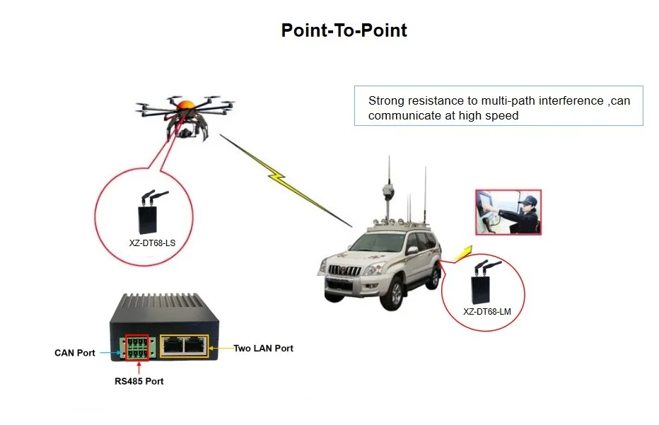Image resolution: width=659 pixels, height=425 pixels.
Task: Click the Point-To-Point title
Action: (344, 30)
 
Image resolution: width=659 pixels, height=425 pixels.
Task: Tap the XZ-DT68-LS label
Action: (153, 243)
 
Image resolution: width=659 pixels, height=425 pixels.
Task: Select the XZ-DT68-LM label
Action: (486, 311)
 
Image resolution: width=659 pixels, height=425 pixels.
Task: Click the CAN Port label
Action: (75, 353)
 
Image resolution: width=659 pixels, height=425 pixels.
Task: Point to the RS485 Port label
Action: (139, 381)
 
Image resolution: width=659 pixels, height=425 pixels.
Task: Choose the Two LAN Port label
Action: (263, 348)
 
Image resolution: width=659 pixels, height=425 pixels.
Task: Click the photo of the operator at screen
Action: (508, 211)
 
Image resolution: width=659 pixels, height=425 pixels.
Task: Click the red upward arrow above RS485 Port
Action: (139, 367)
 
